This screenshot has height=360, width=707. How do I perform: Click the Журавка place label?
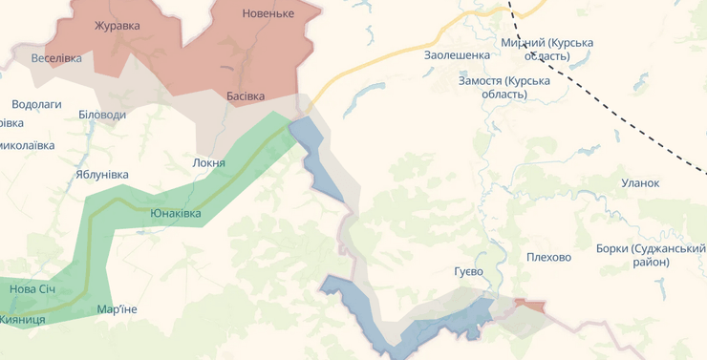coord(117,26)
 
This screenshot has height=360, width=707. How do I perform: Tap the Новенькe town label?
coord(268,13)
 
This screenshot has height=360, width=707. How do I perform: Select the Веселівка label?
coord(56,58)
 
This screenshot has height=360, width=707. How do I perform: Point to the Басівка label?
coord(246,96)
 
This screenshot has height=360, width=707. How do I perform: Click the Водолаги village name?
coord(36,104)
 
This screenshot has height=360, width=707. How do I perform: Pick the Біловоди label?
coord(101,115)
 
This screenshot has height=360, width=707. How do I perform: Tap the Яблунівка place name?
coord(101,175)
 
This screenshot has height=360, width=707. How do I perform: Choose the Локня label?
coord(208,162)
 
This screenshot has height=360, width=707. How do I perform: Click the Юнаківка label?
coord(175,213)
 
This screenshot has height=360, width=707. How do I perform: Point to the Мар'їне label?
coord(117,309)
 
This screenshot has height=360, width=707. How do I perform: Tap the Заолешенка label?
coord(457,55)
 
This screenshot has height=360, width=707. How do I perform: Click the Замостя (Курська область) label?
coord(504,87)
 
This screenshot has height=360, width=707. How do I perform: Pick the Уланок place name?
coord(640,182)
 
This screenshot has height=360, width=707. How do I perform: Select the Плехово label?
coord(548,257)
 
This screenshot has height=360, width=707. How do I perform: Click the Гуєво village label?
coord(468,271)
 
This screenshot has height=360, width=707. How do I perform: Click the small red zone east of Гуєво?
coord(530,306)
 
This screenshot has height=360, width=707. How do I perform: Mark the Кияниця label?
coord(22,319)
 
